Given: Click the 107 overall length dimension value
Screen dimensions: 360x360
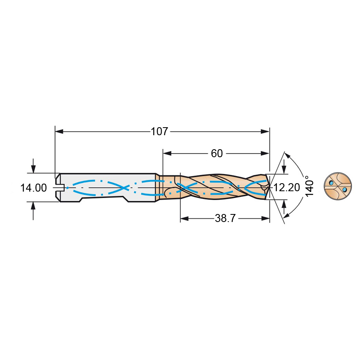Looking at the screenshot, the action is (159, 132).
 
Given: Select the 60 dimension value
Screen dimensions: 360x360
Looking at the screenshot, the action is (217, 153).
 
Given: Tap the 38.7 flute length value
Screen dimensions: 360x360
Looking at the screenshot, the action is (225, 218).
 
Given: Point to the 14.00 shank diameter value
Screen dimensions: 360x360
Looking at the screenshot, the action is (34, 188).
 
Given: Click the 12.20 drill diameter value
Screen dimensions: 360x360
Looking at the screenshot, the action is (287, 188).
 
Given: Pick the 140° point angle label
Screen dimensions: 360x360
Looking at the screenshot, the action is (310, 186).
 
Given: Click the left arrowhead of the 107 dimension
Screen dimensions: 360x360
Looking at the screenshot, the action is (59, 132).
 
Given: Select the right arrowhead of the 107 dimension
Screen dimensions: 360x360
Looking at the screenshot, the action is (265, 132).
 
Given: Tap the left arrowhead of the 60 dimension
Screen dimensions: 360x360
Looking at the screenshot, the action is (167, 153).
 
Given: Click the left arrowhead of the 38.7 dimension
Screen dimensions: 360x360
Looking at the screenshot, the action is (184, 218).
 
